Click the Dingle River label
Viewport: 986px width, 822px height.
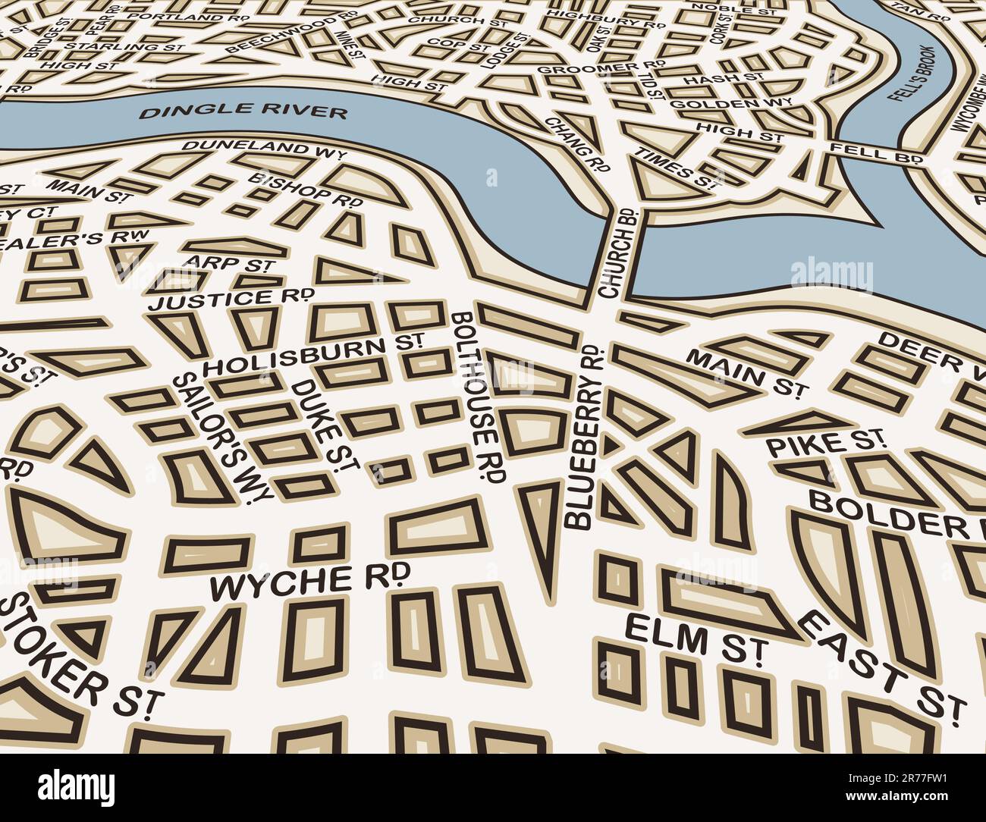(243, 112)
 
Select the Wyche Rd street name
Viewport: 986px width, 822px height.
(309, 581)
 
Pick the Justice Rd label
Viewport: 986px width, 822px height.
(232, 299)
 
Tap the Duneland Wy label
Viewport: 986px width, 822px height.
(263, 148)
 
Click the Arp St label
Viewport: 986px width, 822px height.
(228, 264)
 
